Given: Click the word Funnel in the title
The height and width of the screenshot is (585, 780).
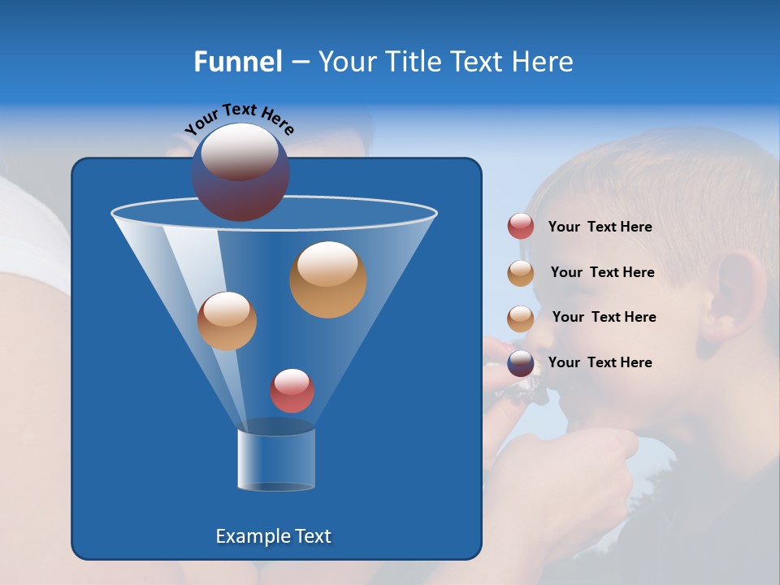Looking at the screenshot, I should click(x=237, y=62).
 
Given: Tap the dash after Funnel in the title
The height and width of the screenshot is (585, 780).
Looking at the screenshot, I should click(x=299, y=63).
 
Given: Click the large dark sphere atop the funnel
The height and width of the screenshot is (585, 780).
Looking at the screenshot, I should click(x=240, y=172).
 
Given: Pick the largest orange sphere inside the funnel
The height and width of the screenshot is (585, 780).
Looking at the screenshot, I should click(x=328, y=279).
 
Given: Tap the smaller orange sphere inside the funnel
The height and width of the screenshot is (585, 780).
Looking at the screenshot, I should click(x=227, y=321).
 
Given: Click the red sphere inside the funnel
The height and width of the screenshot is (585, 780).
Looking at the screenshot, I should click(x=292, y=391).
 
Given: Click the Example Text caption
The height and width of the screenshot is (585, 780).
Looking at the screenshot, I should click(x=273, y=536).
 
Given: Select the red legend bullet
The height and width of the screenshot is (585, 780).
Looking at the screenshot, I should click(x=521, y=227).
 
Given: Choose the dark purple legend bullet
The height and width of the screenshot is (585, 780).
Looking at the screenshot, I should click(x=521, y=363).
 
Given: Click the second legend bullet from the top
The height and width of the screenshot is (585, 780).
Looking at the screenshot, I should click(x=521, y=273).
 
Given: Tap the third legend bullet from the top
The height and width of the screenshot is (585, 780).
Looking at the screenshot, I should click(x=521, y=318).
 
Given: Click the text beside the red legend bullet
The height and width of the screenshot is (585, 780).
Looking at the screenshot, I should click(x=600, y=227).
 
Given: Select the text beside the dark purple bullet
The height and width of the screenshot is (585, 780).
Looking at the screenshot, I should click(x=600, y=362).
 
